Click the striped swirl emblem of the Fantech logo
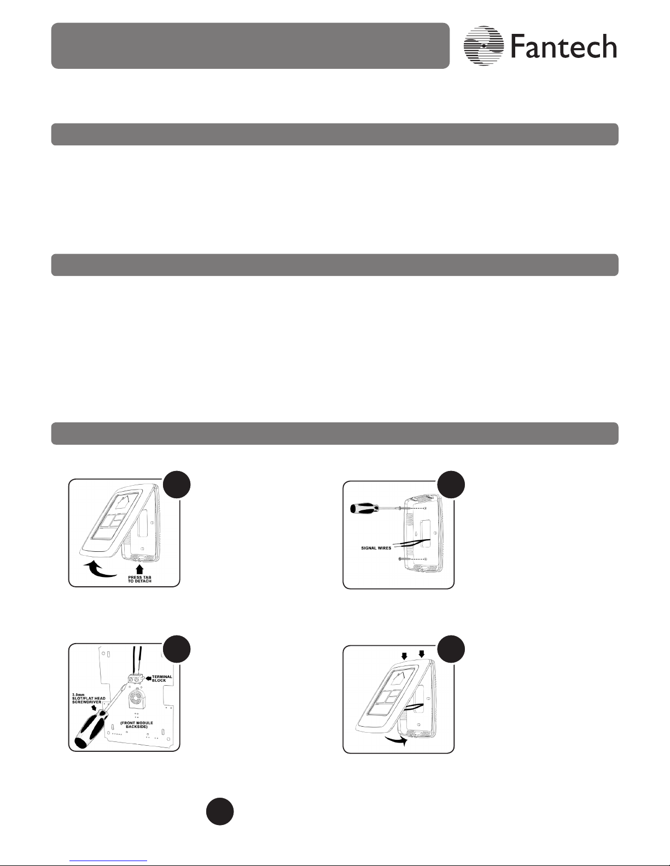(x=483, y=46)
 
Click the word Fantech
(x=563, y=46)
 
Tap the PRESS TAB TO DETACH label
(x=139, y=579)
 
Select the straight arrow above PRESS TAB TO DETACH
(x=139, y=569)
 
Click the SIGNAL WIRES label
(x=376, y=548)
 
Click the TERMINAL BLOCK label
(x=162, y=678)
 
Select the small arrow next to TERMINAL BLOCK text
(x=147, y=678)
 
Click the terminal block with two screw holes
(x=135, y=678)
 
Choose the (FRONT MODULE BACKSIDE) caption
(x=137, y=724)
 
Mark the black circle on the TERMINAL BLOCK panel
(x=177, y=649)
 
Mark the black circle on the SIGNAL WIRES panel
(x=451, y=485)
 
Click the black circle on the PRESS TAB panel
(x=177, y=485)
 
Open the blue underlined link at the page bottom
(x=108, y=861)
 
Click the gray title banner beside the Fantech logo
(x=250, y=46)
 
